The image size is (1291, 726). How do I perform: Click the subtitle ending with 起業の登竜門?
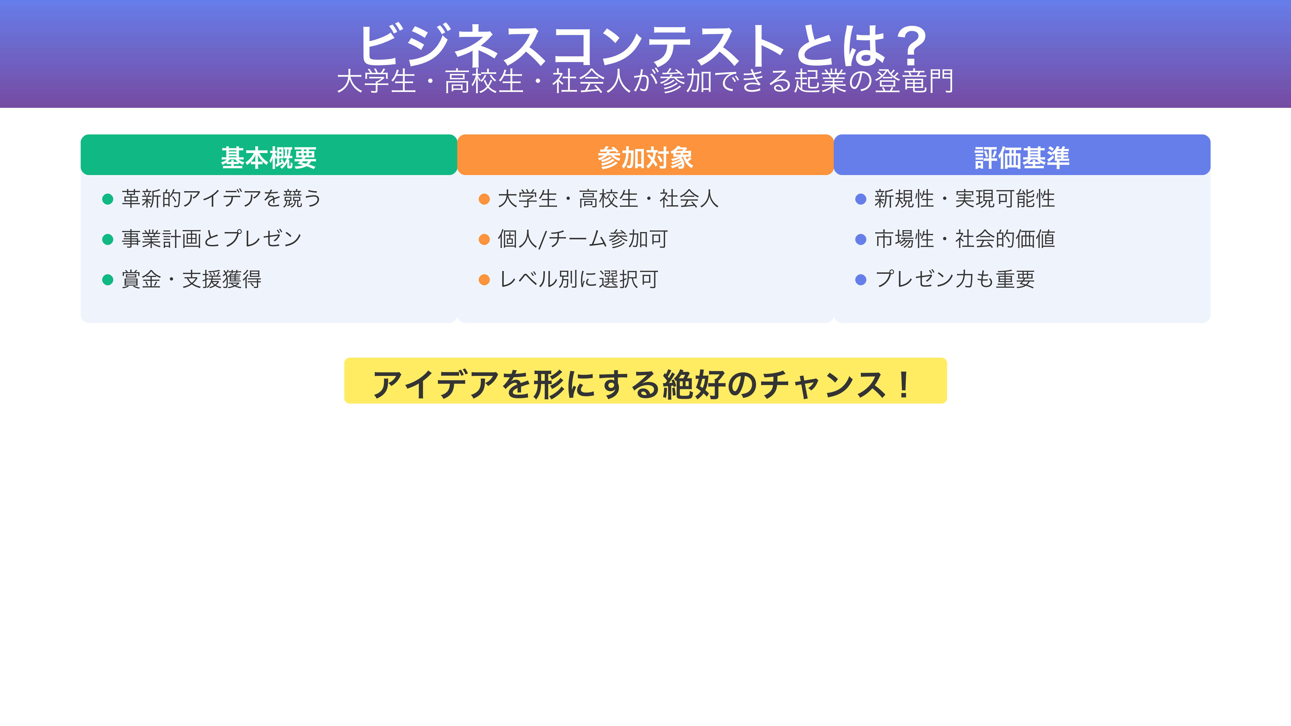point(645,81)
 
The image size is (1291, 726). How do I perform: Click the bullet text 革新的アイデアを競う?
point(221,199)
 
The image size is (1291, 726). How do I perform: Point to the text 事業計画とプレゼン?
point(211,239)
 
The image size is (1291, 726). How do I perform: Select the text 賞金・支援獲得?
point(191,279)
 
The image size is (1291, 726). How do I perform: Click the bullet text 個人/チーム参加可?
point(583,239)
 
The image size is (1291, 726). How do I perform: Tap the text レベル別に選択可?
point(578,279)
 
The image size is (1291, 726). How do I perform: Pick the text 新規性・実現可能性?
point(965,199)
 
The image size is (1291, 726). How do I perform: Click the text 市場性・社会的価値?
point(965,239)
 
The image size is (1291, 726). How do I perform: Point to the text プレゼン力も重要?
point(955,279)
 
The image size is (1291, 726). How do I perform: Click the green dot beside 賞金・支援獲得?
point(108,280)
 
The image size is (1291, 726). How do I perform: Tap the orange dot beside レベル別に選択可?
point(484,280)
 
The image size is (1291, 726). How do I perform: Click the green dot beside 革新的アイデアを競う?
point(108,200)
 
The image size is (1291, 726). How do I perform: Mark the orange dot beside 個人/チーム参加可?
point(484,240)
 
